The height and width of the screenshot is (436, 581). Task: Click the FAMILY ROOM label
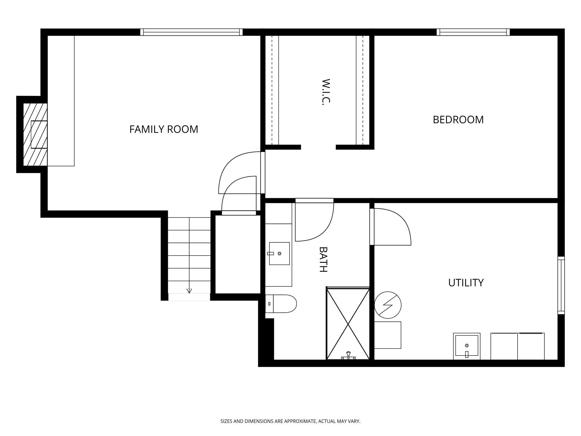[164, 129]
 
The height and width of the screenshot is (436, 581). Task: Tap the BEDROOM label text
[458, 120]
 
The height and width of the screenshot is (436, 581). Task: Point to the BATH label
[323, 259]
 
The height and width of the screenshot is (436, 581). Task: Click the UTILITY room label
[466, 283]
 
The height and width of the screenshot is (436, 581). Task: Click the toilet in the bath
[281, 304]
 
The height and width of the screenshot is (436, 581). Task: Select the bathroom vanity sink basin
[279, 253]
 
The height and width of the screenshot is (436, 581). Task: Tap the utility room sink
[467, 346]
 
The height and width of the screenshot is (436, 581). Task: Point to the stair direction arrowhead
[189, 291]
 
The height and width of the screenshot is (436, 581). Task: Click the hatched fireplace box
[35, 134]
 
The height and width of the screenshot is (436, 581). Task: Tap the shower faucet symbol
[348, 356]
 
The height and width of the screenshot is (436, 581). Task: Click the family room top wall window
[191, 32]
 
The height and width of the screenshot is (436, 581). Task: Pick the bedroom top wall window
[473, 32]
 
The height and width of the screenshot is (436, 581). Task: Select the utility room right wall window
[561, 285]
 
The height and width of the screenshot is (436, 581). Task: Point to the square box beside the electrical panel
[388, 335]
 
